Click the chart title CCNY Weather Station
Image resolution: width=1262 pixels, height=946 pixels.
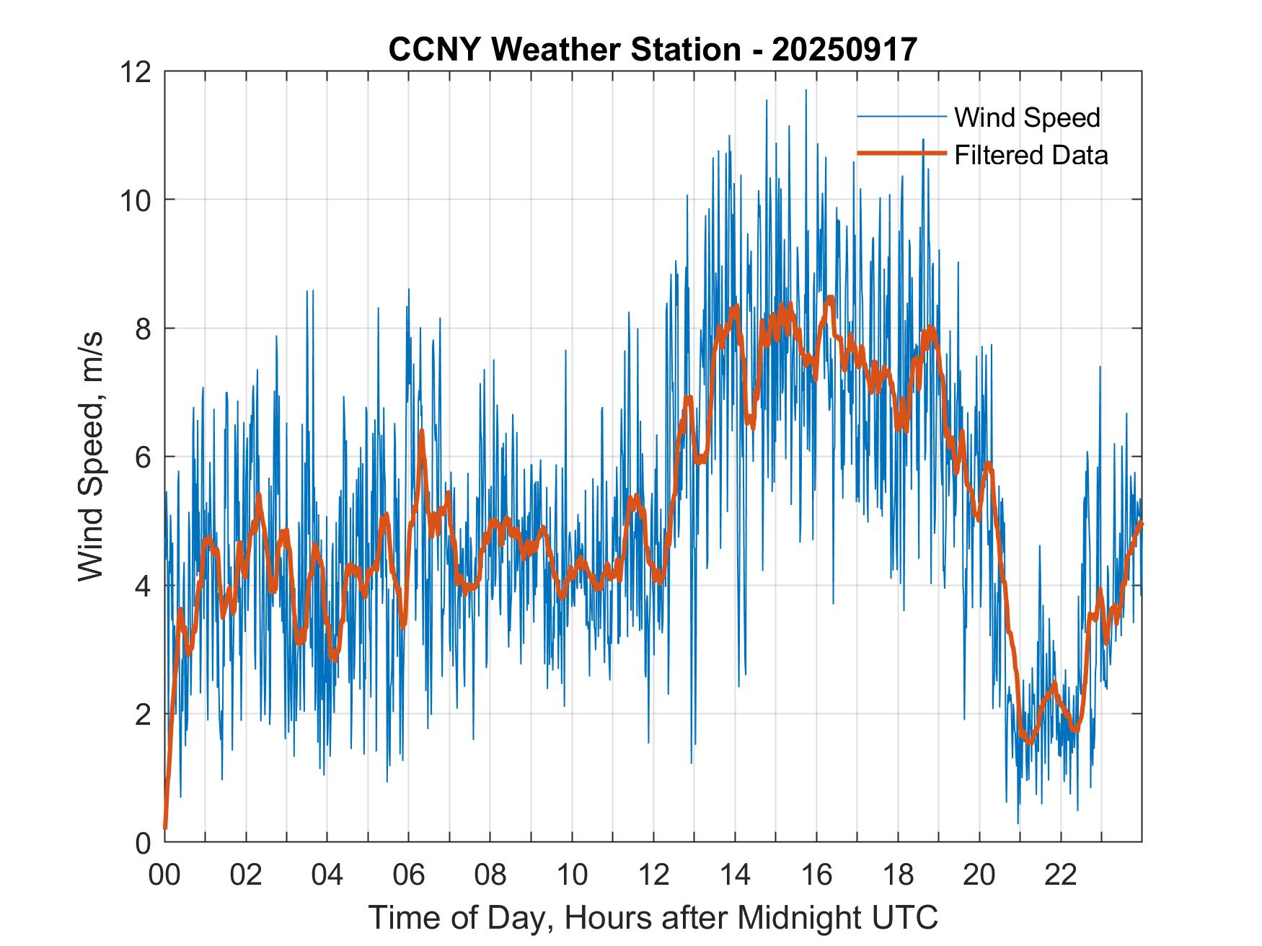(x=565, y=50)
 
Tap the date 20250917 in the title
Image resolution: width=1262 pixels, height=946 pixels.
(x=844, y=50)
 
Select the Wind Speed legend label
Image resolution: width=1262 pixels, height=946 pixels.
(x=1027, y=117)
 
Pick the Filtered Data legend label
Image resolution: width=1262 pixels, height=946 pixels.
(x=1031, y=155)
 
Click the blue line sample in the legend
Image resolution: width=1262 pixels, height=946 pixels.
(x=901, y=117)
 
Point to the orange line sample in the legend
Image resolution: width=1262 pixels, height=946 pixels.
(x=901, y=154)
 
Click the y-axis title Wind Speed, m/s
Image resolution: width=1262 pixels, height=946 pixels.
(x=91, y=456)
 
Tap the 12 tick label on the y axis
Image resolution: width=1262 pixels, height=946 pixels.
(x=135, y=72)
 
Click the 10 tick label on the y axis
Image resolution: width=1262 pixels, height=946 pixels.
(x=135, y=200)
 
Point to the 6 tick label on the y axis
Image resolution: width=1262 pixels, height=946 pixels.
(x=144, y=457)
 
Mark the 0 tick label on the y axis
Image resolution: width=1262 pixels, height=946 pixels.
(x=144, y=842)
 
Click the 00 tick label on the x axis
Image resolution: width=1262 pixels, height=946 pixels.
(x=164, y=875)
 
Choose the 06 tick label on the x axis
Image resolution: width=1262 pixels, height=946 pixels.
(x=409, y=875)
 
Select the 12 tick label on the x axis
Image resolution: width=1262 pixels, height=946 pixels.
(x=653, y=875)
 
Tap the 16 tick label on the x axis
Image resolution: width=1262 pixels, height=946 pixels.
(x=816, y=875)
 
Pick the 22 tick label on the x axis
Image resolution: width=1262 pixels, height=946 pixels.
(x=1061, y=875)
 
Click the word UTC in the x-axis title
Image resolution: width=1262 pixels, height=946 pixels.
(x=906, y=917)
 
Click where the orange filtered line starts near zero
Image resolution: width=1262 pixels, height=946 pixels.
(x=166, y=828)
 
